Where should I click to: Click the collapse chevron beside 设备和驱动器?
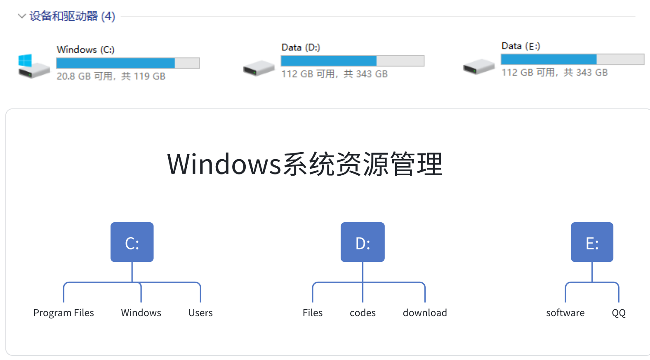(x=21, y=16)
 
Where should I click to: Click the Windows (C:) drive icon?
(x=33, y=66)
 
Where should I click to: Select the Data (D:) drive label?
(x=300, y=47)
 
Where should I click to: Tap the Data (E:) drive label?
(x=520, y=46)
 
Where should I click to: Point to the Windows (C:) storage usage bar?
(x=128, y=63)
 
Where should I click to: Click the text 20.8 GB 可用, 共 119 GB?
(x=111, y=76)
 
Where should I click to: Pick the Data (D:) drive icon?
(x=258, y=68)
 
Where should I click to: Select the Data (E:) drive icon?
(x=478, y=66)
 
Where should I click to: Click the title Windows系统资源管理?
(x=304, y=164)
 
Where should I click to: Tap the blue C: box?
(x=132, y=242)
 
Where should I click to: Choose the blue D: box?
(x=363, y=242)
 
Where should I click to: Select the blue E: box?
(x=592, y=242)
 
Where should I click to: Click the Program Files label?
(x=64, y=313)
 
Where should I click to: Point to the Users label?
(x=200, y=313)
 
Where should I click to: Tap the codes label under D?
(x=363, y=313)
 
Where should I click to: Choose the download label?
(x=425, y=313)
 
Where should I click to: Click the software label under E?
(x=565, y=313)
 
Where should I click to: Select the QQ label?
(x=619, y=313)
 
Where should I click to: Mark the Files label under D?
(x=313, y=313)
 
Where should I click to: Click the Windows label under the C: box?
(x=141, y=313)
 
